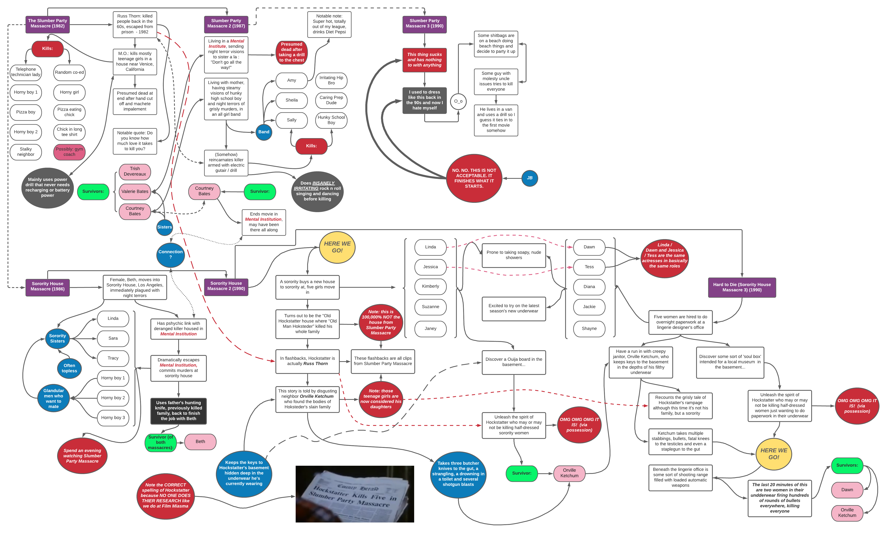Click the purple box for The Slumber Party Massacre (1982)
(x=47, y=24)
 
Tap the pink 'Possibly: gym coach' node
(x=69, y=152)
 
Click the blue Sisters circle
(x=165, y=227)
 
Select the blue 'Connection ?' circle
(x=171, y=254)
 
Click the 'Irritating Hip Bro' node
(x=331, y=80)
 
